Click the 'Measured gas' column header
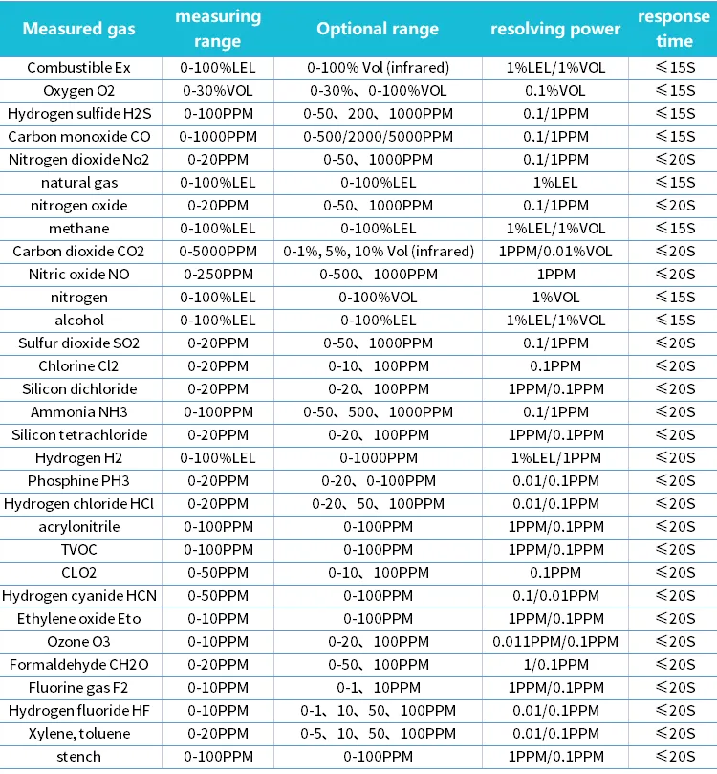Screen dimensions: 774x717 pyautogui.click(x=79, y=29)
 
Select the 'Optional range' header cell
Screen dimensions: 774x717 pyautogui.click(x=378, y=29)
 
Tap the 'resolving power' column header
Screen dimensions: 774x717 pyautogui.click(x=555, y=29)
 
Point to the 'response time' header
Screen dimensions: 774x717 pyautogui.click(x=674, y=29)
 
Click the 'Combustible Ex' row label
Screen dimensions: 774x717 pyautogui.click(x=79, y=68)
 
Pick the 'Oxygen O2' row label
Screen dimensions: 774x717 pyautogui.click(x=79, y=91)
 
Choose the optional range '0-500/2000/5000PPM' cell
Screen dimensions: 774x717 pyautogui.click(x=378, y=137)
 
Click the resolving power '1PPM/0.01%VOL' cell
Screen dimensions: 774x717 pyautogui.click(x=555, y=252)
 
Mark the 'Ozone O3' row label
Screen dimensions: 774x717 pyautogui.click(x=79, y=642)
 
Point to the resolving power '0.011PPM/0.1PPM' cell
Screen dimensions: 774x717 pyautogui.click(x=555, y=642)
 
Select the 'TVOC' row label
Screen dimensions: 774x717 pyautogui.click(x=79, y=550)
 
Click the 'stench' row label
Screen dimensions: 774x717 pyautogui.click(x=79, y=757)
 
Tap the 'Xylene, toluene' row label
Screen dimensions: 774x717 pyautogui.click(x=79, y=734)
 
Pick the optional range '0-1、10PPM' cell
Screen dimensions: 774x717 pyautogui.click(x=378, y=688)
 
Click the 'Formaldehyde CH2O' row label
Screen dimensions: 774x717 pyautogui.click(x=79, y=665)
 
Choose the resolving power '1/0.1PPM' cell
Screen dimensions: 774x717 pyautogui.click(x=555, y=665)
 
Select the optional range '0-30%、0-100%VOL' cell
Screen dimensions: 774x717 pyautogui.click(x=378, y=91)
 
